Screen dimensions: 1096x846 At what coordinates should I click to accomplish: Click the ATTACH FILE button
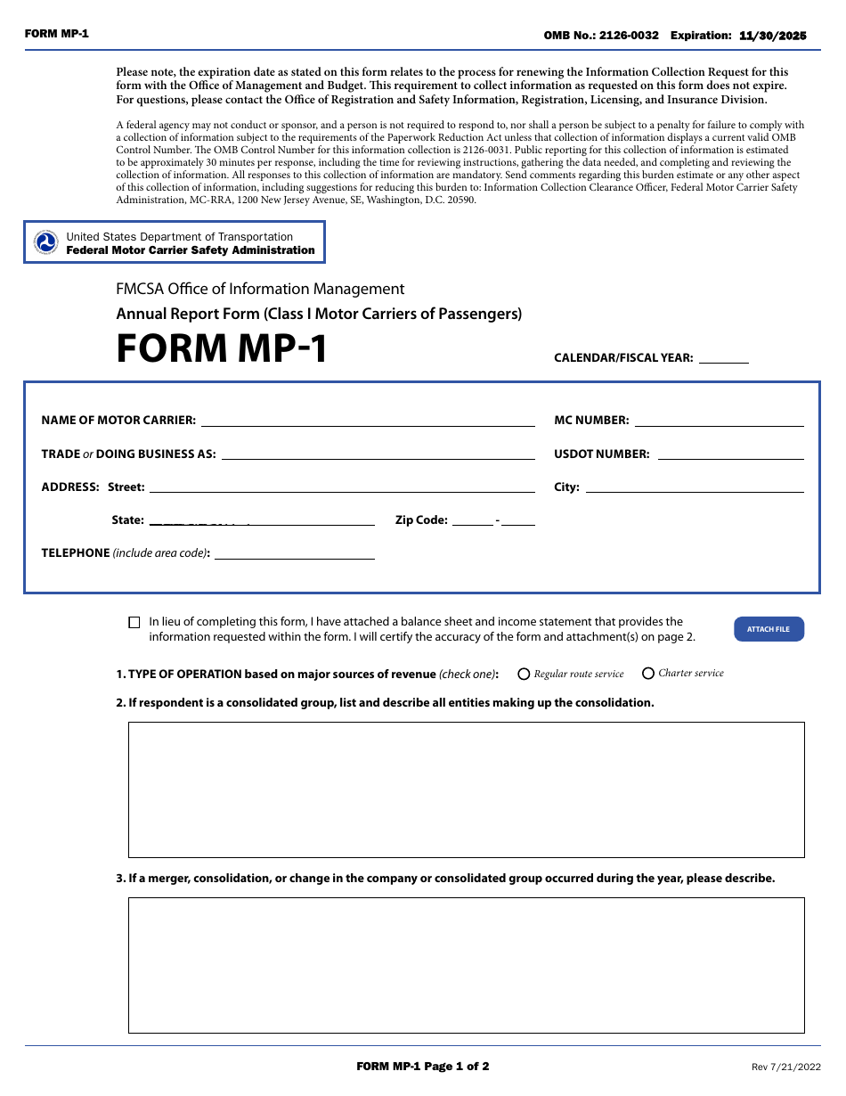pos(769,629)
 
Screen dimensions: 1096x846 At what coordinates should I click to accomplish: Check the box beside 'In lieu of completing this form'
pos(134,623)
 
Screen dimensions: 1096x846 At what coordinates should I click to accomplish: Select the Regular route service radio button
pos(524,675)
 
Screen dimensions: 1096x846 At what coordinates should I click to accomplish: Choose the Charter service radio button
pos(648,674)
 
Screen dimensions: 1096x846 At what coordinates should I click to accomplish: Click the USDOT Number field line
pos(729,454)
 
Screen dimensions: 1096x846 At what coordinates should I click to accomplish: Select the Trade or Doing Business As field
pos(378,454)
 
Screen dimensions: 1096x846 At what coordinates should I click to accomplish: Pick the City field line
pos(694,487)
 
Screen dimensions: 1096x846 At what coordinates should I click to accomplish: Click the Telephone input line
pos(294,554)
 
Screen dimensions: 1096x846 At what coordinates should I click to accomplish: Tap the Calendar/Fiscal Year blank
pos(723,358)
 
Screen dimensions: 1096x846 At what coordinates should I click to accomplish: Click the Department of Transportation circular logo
pos(45,242)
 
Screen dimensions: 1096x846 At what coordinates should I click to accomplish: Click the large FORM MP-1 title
pos(222,348)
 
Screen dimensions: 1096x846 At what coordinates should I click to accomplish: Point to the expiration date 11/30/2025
pos(772,36)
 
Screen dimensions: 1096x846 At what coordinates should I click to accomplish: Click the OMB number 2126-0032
pos(629,36)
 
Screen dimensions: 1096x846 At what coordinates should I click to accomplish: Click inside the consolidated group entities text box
pos(466,789)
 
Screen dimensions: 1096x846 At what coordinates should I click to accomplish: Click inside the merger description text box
pos(466,965)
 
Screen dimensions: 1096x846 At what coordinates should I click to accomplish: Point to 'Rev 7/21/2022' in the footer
pos(786,1067)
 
